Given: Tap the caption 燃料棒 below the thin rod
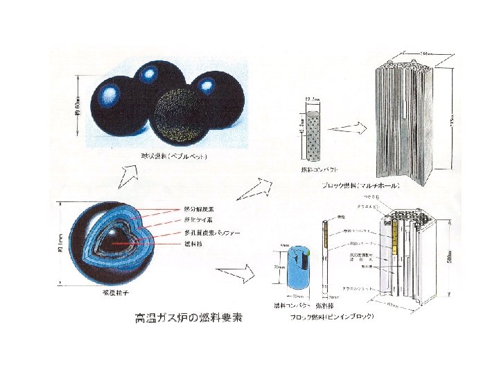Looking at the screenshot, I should click(x=326, y=306).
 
